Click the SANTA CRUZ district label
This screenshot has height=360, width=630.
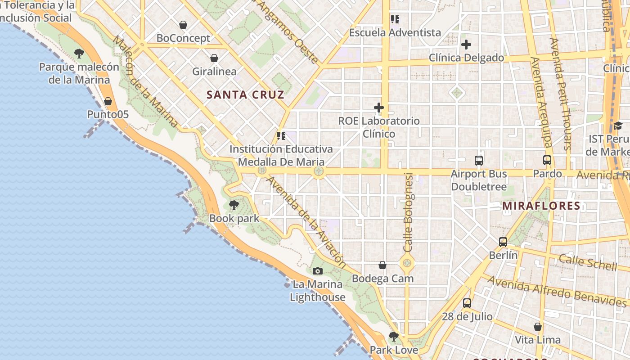[245, 94]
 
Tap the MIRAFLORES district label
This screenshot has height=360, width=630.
[541, 206]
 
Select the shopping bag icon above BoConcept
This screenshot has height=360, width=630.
[183, 25]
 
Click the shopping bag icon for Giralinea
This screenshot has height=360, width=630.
[214, 58]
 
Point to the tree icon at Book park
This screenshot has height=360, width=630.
[234, 206]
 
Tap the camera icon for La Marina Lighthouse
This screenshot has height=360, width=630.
[318, 271]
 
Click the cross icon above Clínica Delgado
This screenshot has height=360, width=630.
[466, 45]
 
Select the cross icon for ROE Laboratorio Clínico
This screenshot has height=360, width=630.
[379, 108]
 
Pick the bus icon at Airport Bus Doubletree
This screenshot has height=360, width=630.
[479, 161]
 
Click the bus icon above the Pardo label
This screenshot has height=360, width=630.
[547, 160]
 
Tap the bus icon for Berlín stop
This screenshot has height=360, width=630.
[503, 242]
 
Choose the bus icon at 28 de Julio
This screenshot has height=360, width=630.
[467, 303]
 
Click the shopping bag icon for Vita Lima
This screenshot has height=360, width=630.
[538, 327]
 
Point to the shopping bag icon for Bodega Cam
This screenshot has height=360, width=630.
[382, 265]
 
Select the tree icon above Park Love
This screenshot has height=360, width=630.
[394, 337]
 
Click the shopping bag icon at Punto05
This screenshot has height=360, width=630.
[108, 101]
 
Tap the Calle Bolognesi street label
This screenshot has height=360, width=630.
[408, 212]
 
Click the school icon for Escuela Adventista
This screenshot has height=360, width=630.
[395, 19]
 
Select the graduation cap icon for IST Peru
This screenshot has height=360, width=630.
[618, 126]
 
